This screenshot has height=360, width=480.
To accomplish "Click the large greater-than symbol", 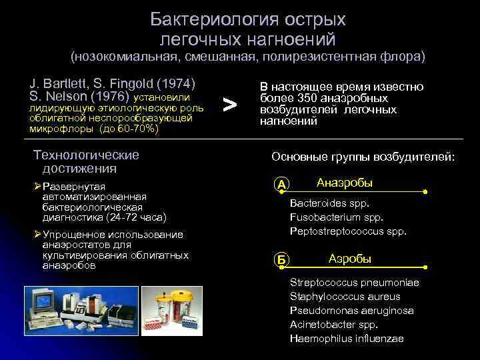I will (229, 104).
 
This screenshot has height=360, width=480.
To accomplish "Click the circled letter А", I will (282, 185).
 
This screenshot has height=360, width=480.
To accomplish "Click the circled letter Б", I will (282, 261).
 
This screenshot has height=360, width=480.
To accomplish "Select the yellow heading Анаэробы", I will (344, 183).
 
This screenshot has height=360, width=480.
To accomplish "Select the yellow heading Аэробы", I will (349, 259).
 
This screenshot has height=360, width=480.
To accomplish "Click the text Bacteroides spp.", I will (329, 203).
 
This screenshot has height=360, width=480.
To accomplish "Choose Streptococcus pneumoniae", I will (354, 282).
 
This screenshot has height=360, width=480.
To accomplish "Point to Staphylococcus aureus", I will (345, 296).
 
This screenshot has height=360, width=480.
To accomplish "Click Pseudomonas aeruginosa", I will (351, 310).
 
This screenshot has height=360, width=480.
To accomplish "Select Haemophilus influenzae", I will (347, 338).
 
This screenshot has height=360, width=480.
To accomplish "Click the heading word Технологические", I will (86, 155).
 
